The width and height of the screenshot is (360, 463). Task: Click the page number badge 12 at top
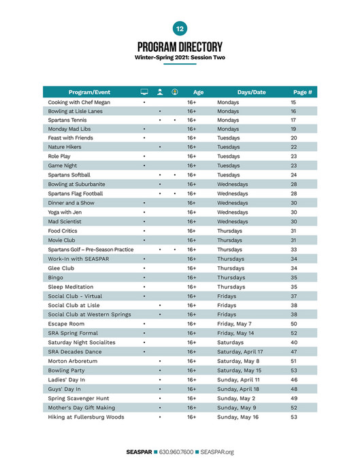coord(180,29)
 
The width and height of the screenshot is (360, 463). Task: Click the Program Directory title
coord(180,47)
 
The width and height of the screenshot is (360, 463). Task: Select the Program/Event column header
coord(89,92)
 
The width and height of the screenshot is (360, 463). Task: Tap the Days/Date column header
coord(251,92)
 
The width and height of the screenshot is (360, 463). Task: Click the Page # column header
coord(302,92)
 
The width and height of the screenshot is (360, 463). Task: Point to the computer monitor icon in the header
coord(144,92)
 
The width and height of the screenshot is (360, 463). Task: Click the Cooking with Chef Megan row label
coord(79,102)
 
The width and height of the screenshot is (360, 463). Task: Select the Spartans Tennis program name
coord(67,120)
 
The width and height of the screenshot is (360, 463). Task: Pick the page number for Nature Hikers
coord(294,147)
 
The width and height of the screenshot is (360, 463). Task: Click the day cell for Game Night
coord(229,165)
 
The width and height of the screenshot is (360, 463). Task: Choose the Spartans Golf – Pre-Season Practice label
coord(91,249)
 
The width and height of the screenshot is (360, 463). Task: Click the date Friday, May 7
coord(234,323)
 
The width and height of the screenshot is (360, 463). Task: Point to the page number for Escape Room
coord(294,323)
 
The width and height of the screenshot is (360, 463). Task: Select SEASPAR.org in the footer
coord(217,451)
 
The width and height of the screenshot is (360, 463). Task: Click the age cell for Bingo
coord(191,277)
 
